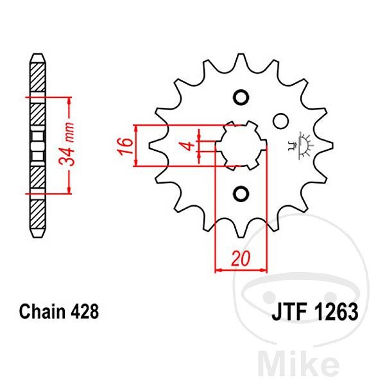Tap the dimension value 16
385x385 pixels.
[x=127, y=145]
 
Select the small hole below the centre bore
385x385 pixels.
[x=241, y=193]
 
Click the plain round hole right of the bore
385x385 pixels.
[x=279, y=121]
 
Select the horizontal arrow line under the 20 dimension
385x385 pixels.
[x=240, y=270]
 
